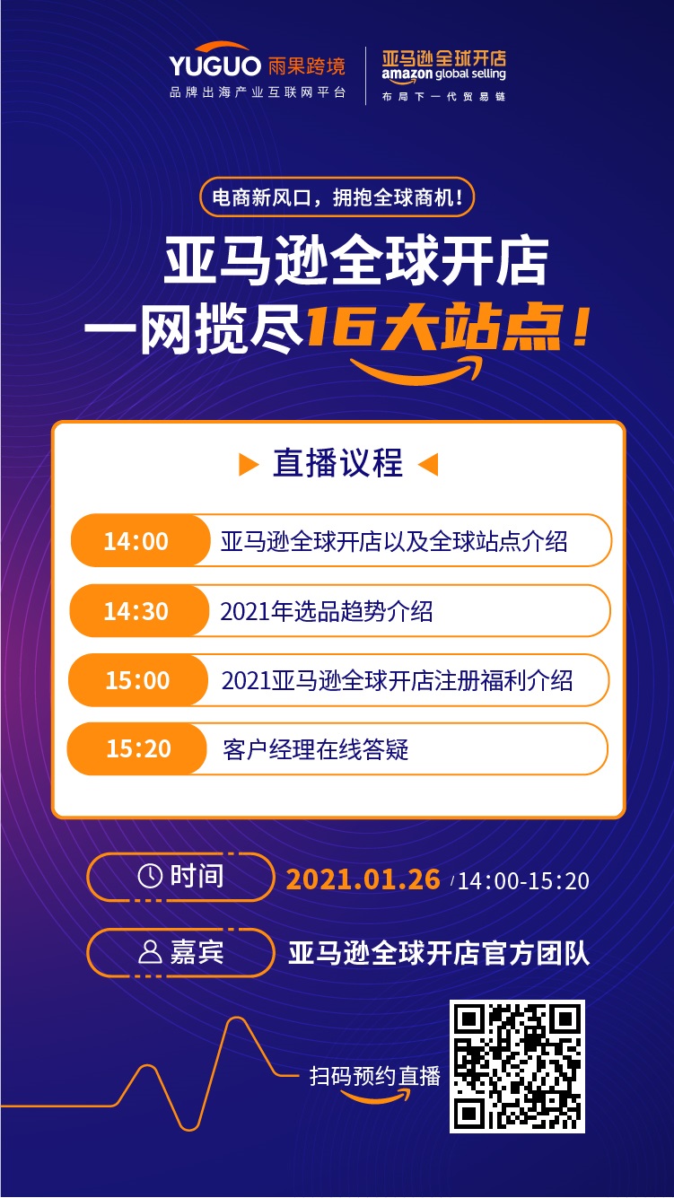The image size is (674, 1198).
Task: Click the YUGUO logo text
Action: point(214,66)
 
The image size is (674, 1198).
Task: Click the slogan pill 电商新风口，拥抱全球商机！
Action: point(337,198)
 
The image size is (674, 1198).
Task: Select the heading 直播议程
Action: point(337,464)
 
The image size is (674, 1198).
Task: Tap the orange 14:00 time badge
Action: point(136,541)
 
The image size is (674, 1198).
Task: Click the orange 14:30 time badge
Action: point(136,611)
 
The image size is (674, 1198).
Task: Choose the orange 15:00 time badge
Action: point(137,680)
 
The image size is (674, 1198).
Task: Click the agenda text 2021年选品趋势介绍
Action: point(327,612)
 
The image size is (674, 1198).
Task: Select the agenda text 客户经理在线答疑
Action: point(316,749)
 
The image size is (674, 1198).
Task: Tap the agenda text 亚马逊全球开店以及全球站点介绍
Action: point(394,542)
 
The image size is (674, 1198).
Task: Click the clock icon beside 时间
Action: point(150,876)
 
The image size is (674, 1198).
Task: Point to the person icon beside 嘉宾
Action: point(150,952)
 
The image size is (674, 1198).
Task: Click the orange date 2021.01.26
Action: point(363,879)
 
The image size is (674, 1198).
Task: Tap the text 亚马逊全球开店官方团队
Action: point(439,953)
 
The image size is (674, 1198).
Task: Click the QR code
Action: point(517,1065)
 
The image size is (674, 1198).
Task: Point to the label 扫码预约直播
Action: point(375,1076)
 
